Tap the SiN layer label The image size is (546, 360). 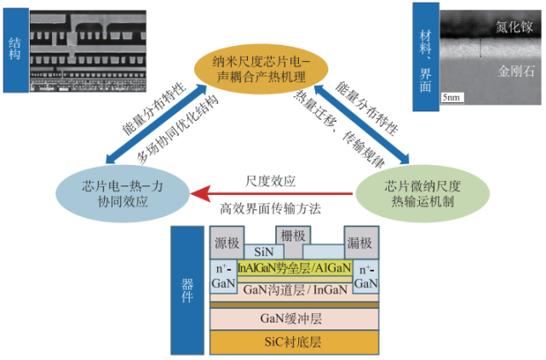click(262, 253)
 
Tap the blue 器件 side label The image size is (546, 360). click(184, 290)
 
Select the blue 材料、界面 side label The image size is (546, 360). click(425, 56)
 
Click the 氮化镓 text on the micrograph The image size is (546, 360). click(514, 28)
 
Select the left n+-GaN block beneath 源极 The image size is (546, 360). click(224, 276)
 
